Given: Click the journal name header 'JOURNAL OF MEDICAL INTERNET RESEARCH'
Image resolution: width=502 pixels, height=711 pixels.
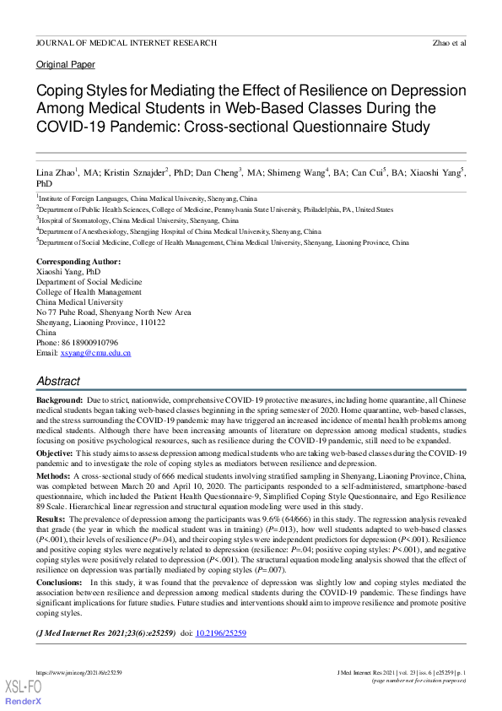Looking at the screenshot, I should (x=126, y=42).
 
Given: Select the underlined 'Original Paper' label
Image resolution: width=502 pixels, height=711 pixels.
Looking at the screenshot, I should (x=66, y=65).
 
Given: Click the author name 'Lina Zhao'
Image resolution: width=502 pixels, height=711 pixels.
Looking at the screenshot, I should (x=55, y=171).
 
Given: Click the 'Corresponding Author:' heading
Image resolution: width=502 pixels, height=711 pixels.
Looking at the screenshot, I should (x=78, y=262).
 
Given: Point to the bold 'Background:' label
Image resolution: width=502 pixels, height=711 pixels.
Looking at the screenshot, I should (x=59, y=398).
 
